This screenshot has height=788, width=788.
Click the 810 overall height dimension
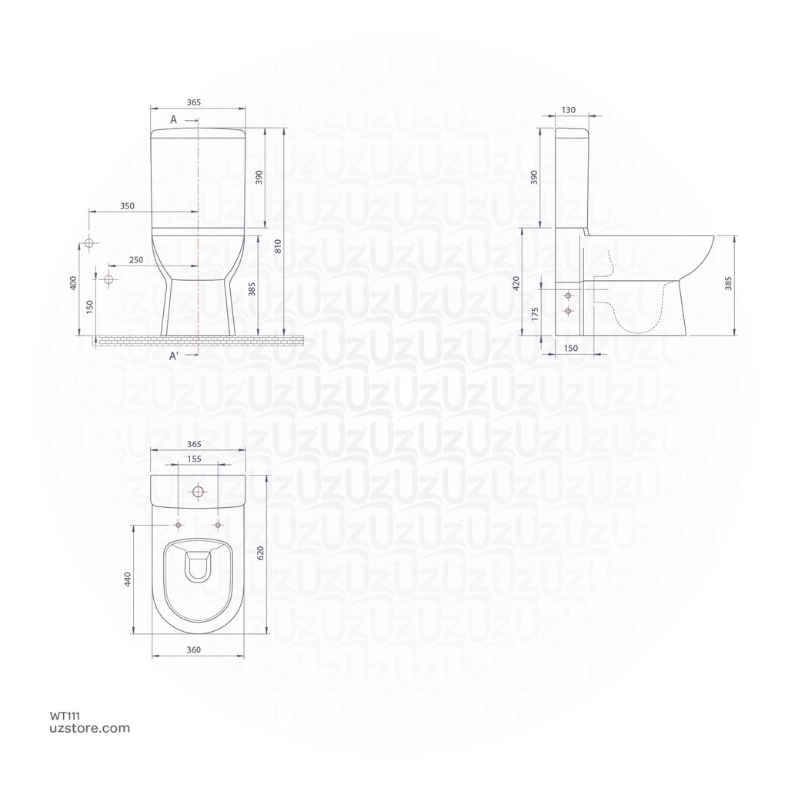coord(278,246)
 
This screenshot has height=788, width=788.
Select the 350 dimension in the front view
coord(128,206)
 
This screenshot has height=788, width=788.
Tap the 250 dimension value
coord(136,260)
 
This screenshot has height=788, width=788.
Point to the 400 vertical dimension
coord(73,283)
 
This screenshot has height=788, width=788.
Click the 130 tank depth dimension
coord(568,110)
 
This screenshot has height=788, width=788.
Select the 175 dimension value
coord(534,312)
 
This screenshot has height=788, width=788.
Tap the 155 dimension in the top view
coord(195,459)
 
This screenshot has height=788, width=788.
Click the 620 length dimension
coord(260,553)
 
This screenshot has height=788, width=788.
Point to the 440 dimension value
coord(128,579)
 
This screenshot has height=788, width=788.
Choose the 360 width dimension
coord(194,650)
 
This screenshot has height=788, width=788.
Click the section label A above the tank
coord(173,120)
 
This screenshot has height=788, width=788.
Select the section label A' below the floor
coord(175,356)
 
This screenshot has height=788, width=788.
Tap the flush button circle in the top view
coord(199,492)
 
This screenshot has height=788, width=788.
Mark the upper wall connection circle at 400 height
coord(88,244)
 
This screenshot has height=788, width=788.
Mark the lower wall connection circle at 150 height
coord(108,279)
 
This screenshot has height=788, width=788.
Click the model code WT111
coord(67,716)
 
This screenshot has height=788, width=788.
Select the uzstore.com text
coord(90,728)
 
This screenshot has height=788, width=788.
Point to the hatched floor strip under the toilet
coord(200,339)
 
